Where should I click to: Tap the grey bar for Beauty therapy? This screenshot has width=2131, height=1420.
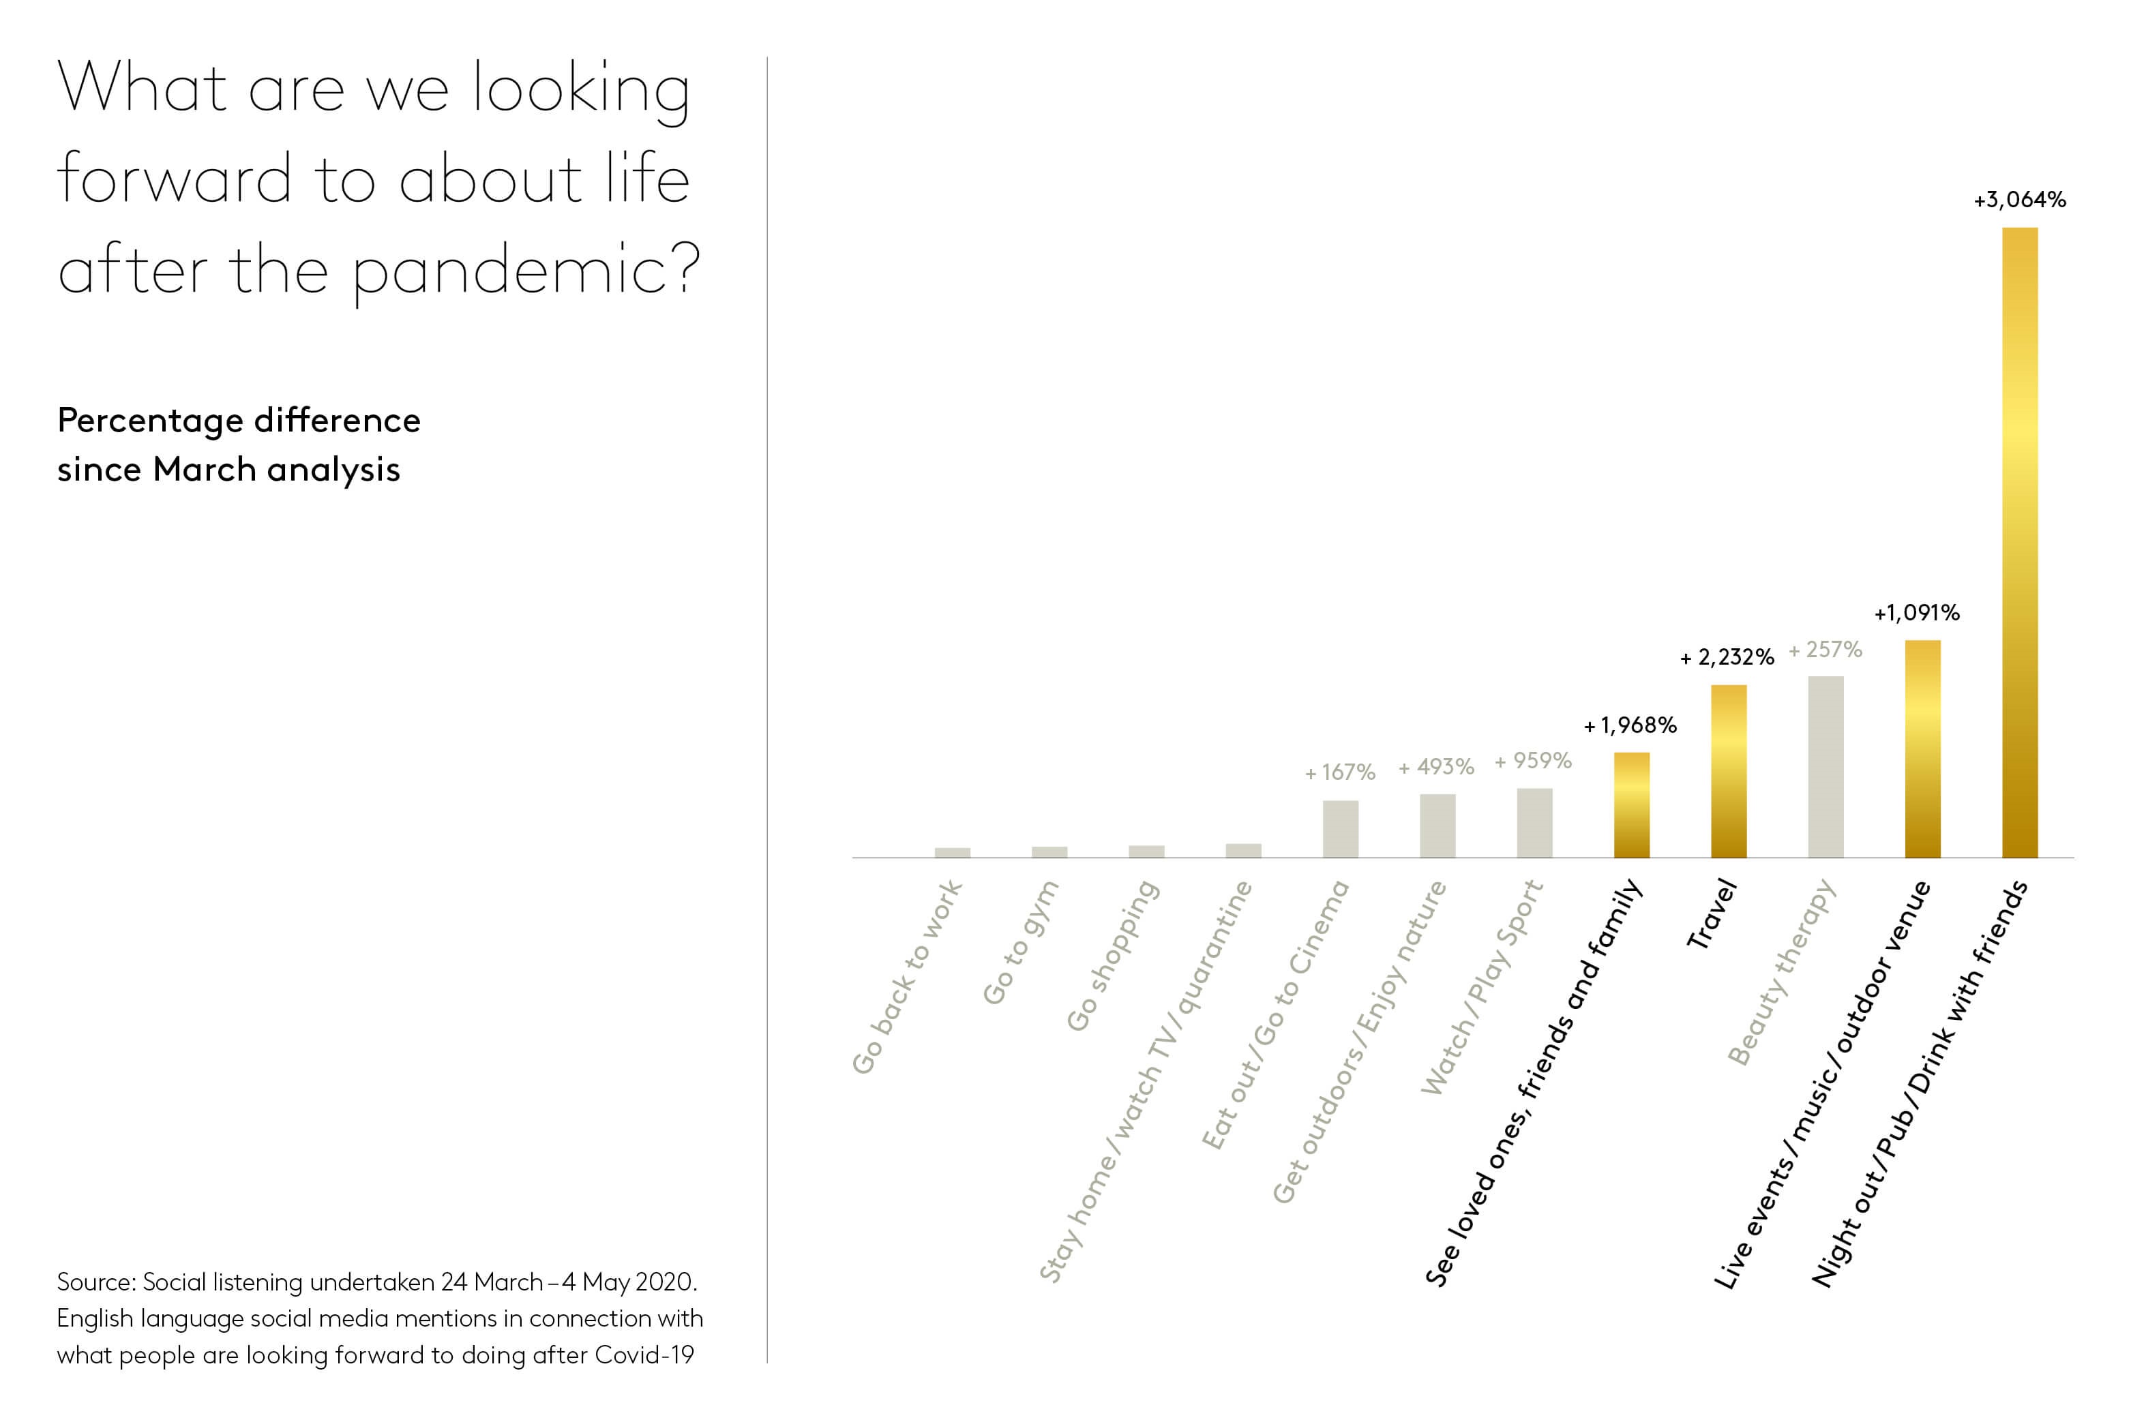click(1825, 766)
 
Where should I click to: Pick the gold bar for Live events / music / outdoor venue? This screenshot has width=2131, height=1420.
click(1922, 748)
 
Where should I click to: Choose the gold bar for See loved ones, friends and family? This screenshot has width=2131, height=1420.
click(1631, 804)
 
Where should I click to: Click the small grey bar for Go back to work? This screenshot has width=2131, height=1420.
click(952, 852)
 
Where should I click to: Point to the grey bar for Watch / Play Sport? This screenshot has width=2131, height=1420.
click(1534, 822)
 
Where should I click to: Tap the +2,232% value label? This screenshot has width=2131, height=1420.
click(1726, 657)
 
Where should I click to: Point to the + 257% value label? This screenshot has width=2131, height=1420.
click(1824, 649)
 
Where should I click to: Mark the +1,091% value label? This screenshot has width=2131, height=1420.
click(1916, 613)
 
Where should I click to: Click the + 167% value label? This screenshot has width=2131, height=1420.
click(1339, 772)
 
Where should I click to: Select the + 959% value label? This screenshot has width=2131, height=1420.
click(1532, 761)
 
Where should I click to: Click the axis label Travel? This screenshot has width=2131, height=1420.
click(1712, 915)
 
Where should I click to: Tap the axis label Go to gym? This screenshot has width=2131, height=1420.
click(1021, 943)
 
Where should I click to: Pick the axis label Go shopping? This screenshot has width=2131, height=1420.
click(1112, 956)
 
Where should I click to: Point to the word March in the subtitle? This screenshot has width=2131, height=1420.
click(205, 470)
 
